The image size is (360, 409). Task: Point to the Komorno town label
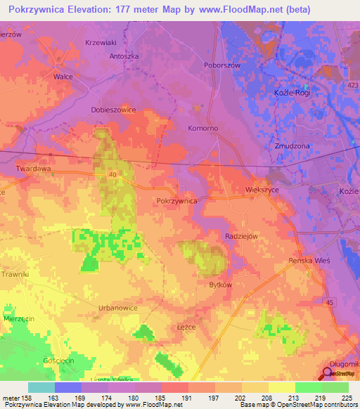click(202, 129)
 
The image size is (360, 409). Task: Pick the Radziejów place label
click(243, 236)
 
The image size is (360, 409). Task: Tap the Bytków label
click(220, 285)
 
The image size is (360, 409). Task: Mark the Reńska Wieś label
click(309, 260)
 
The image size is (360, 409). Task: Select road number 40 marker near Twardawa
click(112, 174)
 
